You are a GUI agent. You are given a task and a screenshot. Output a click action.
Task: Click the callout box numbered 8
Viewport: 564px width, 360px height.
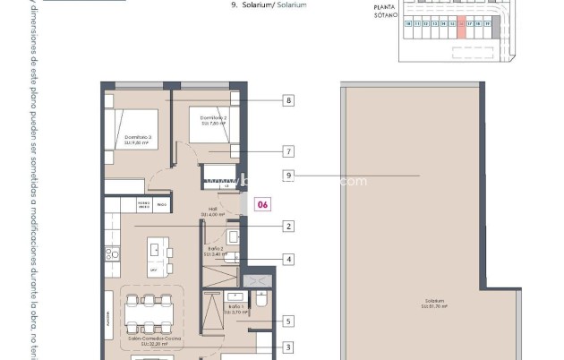(x=288, y=101)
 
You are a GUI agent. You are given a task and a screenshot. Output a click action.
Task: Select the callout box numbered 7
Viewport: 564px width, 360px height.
(x=288, y=151)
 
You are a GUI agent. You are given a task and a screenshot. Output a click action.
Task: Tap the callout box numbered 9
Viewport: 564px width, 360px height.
(x=288, y=176)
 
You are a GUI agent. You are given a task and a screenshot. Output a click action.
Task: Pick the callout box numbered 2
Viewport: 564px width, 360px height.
(x=288, y=227)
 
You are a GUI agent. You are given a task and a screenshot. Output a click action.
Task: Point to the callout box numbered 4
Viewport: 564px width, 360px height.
(x=288, y=259)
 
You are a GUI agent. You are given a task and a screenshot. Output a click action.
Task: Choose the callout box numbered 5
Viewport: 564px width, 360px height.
(x=288, y=321)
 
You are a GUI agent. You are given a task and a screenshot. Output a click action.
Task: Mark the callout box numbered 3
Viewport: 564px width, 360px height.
(x=288, y=347)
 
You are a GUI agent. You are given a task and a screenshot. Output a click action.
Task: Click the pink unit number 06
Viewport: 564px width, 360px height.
(x=262, y=204)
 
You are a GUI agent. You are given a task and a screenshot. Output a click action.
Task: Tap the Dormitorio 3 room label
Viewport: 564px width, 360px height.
(x=137, y=140)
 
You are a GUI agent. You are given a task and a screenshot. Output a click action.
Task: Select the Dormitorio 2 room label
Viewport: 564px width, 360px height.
(x=213, y=120)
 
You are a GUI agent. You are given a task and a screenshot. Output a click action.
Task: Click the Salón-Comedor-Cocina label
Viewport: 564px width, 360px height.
(x=149, y=341)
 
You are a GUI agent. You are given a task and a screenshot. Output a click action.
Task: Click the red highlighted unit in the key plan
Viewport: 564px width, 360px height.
(x=461, y=28)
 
